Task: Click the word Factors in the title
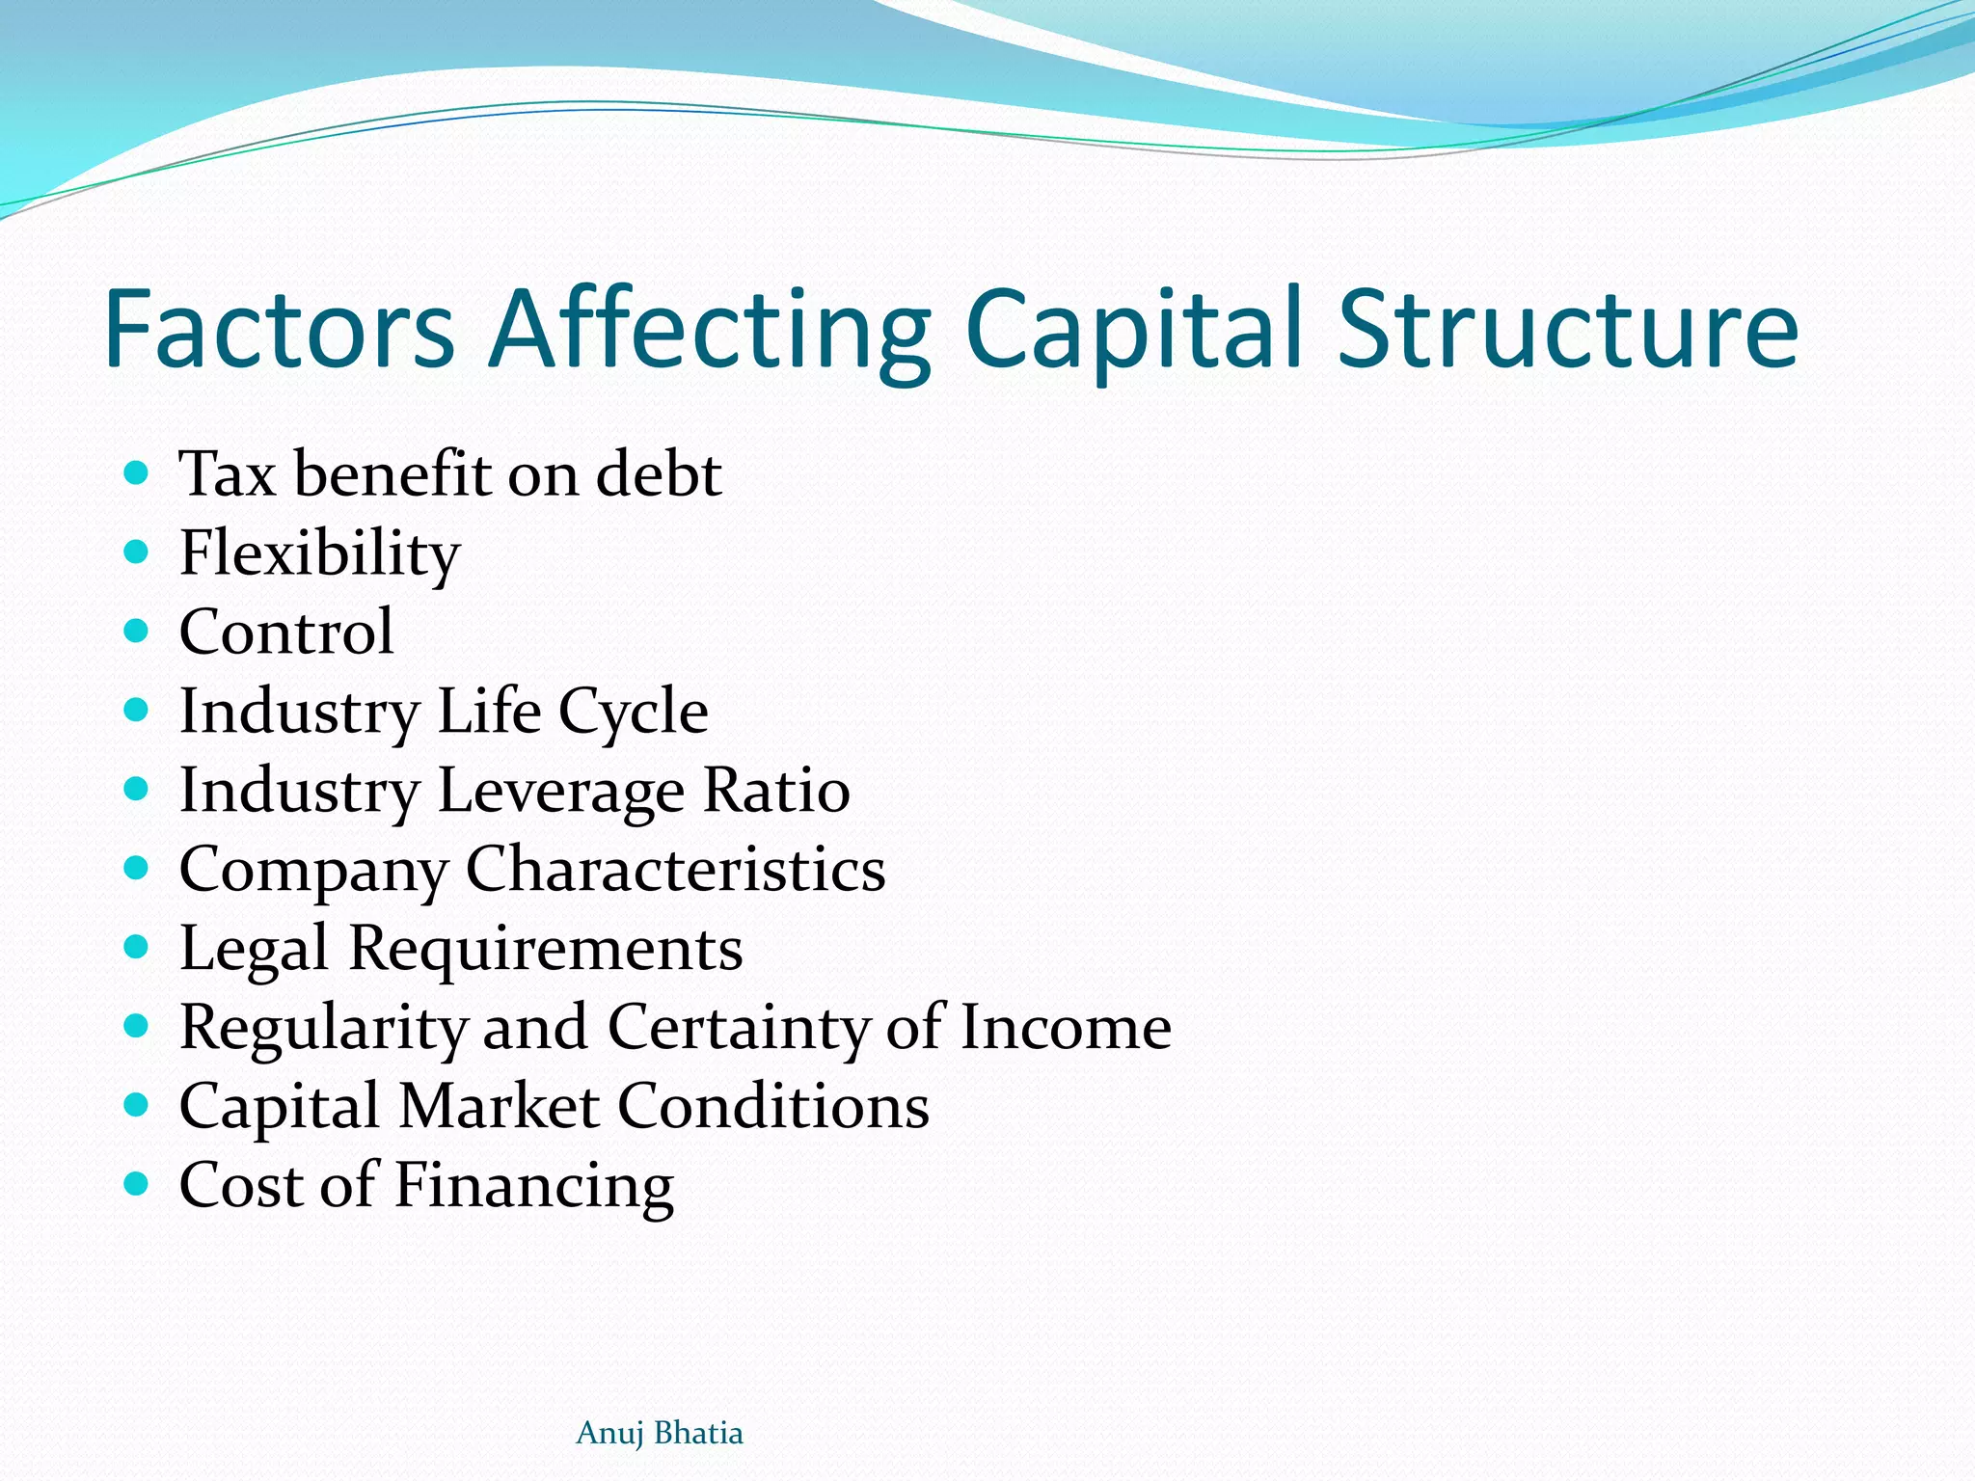coord(279,329)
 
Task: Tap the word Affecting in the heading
coord(710,329)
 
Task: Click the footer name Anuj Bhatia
coord(660,1433)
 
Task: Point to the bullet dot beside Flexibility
coord(137,552)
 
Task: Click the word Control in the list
coord(286,632)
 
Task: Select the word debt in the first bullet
coord(659,473)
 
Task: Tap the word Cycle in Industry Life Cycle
coord(634,712)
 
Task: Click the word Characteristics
coord(675,869)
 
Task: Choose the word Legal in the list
coord(254,949)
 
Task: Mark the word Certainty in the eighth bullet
coord(738,1027)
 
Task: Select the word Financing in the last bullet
coord(534,1185)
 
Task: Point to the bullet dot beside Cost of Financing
coord(137,1183)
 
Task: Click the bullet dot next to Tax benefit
coord(137,473)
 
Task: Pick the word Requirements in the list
coord(546,949)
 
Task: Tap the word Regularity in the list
coord(323,1027)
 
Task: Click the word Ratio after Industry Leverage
coord(776,791)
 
